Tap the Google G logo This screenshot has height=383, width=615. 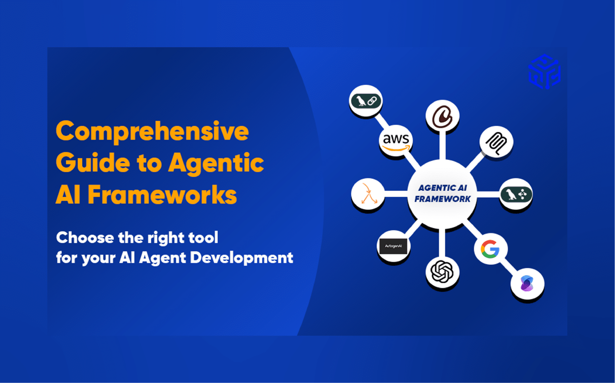click(x=490, y=249)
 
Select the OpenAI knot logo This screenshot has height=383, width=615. click(x=442, y=272)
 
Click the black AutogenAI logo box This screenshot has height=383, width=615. click(x=393, y=246)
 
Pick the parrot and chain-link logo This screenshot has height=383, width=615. click(x=366, y=101)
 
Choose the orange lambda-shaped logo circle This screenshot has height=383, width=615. click(x=368, y=194)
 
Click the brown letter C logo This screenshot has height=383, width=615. click(x=442, y=116)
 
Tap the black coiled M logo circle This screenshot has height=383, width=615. click(x=496, y=142)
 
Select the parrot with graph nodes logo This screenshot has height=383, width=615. click(x=516, y=195)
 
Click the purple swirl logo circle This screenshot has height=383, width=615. click(x=527, y=284)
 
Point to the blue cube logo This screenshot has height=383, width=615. click(x=544, y=72)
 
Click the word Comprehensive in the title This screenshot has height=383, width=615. click(x=152, y=132)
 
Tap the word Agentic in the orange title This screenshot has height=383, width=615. click(x=216, y=163)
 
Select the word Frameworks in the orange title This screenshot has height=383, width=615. click(x=162, y=195)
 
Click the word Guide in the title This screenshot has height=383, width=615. click(x=93, y=163)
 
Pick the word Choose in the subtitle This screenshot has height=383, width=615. click(x=85, y=238)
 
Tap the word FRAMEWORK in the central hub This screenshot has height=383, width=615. click(x=442, y=199)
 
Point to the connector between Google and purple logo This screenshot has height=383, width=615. click(x=509, y=267)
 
